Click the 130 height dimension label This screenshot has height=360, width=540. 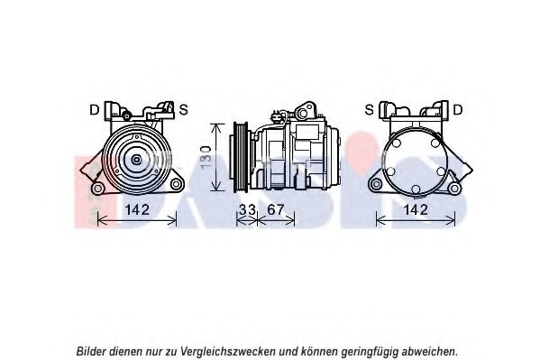(206, 157)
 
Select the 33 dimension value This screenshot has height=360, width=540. (247, 209)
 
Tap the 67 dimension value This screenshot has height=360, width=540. (276, 209)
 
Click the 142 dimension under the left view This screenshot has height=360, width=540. (137, 209)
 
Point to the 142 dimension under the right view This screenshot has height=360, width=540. (416, 209)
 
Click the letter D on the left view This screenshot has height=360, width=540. (94, 110)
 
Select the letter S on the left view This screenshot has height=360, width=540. (184, 110)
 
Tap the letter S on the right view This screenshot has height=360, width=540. (369, 110)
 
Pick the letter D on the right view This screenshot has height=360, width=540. (458, 110)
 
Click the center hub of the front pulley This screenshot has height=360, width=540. (137, 160)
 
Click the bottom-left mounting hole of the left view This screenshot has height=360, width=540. (98, 189)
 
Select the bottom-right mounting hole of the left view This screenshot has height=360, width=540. (176, 184)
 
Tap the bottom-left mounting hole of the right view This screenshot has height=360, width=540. (377, 184)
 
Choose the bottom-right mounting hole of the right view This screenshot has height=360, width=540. (454, 189)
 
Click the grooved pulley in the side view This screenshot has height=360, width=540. (241, 157)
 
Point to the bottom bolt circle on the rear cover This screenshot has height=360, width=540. (416, 189)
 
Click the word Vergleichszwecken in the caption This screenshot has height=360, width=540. (228, 352)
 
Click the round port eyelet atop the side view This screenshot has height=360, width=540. (303, 113)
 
